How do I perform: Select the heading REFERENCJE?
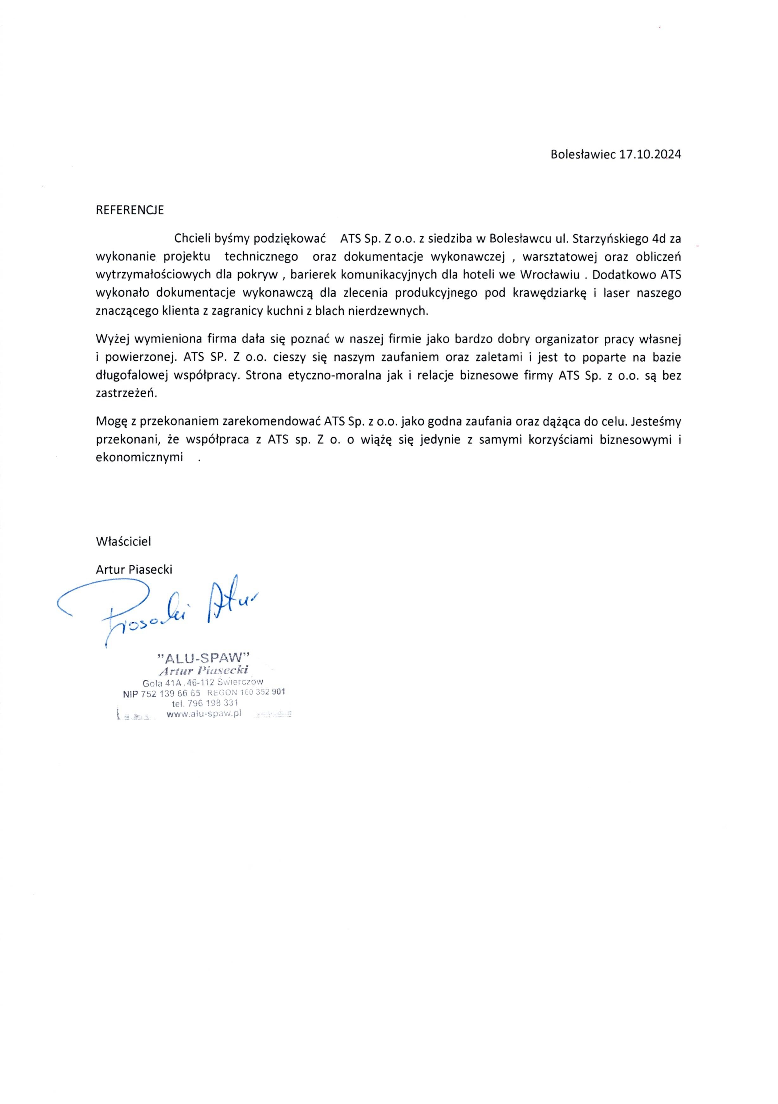pyautogui.click(x=130, y=210)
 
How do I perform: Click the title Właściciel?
pyautogui.click(x=124, y=542)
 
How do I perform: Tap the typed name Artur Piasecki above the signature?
pyautogui.click(x=134, y=569)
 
